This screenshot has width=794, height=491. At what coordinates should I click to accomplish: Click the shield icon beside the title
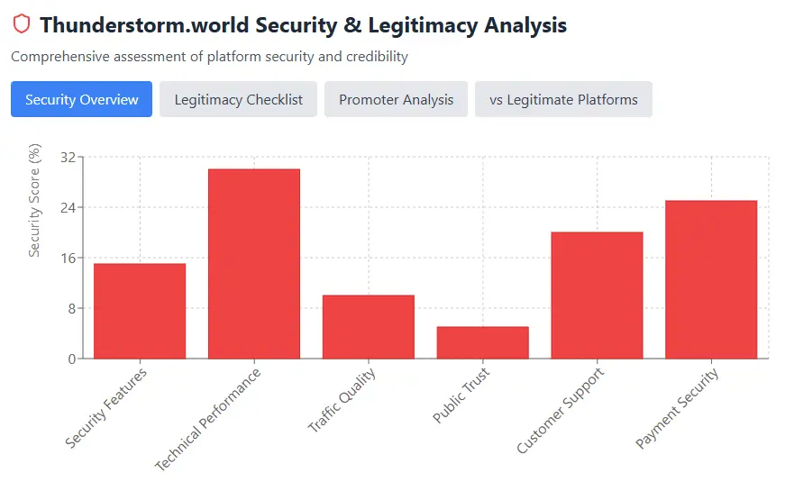22,24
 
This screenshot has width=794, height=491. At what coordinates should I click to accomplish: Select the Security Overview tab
82,99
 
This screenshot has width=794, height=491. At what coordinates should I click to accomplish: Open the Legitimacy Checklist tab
239,99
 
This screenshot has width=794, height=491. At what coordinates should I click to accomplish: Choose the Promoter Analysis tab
397,99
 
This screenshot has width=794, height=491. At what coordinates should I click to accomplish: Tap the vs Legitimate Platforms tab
563,99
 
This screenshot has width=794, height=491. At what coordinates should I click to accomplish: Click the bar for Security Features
140,311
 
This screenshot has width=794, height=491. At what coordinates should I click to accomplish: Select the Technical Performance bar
254,264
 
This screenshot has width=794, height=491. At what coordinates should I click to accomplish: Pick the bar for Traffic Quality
369,327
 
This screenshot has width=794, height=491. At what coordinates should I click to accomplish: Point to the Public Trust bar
483,342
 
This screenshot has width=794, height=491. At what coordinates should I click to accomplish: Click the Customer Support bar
598,296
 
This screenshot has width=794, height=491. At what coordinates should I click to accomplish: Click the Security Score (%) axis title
35,200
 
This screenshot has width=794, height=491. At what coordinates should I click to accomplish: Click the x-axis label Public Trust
462,396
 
